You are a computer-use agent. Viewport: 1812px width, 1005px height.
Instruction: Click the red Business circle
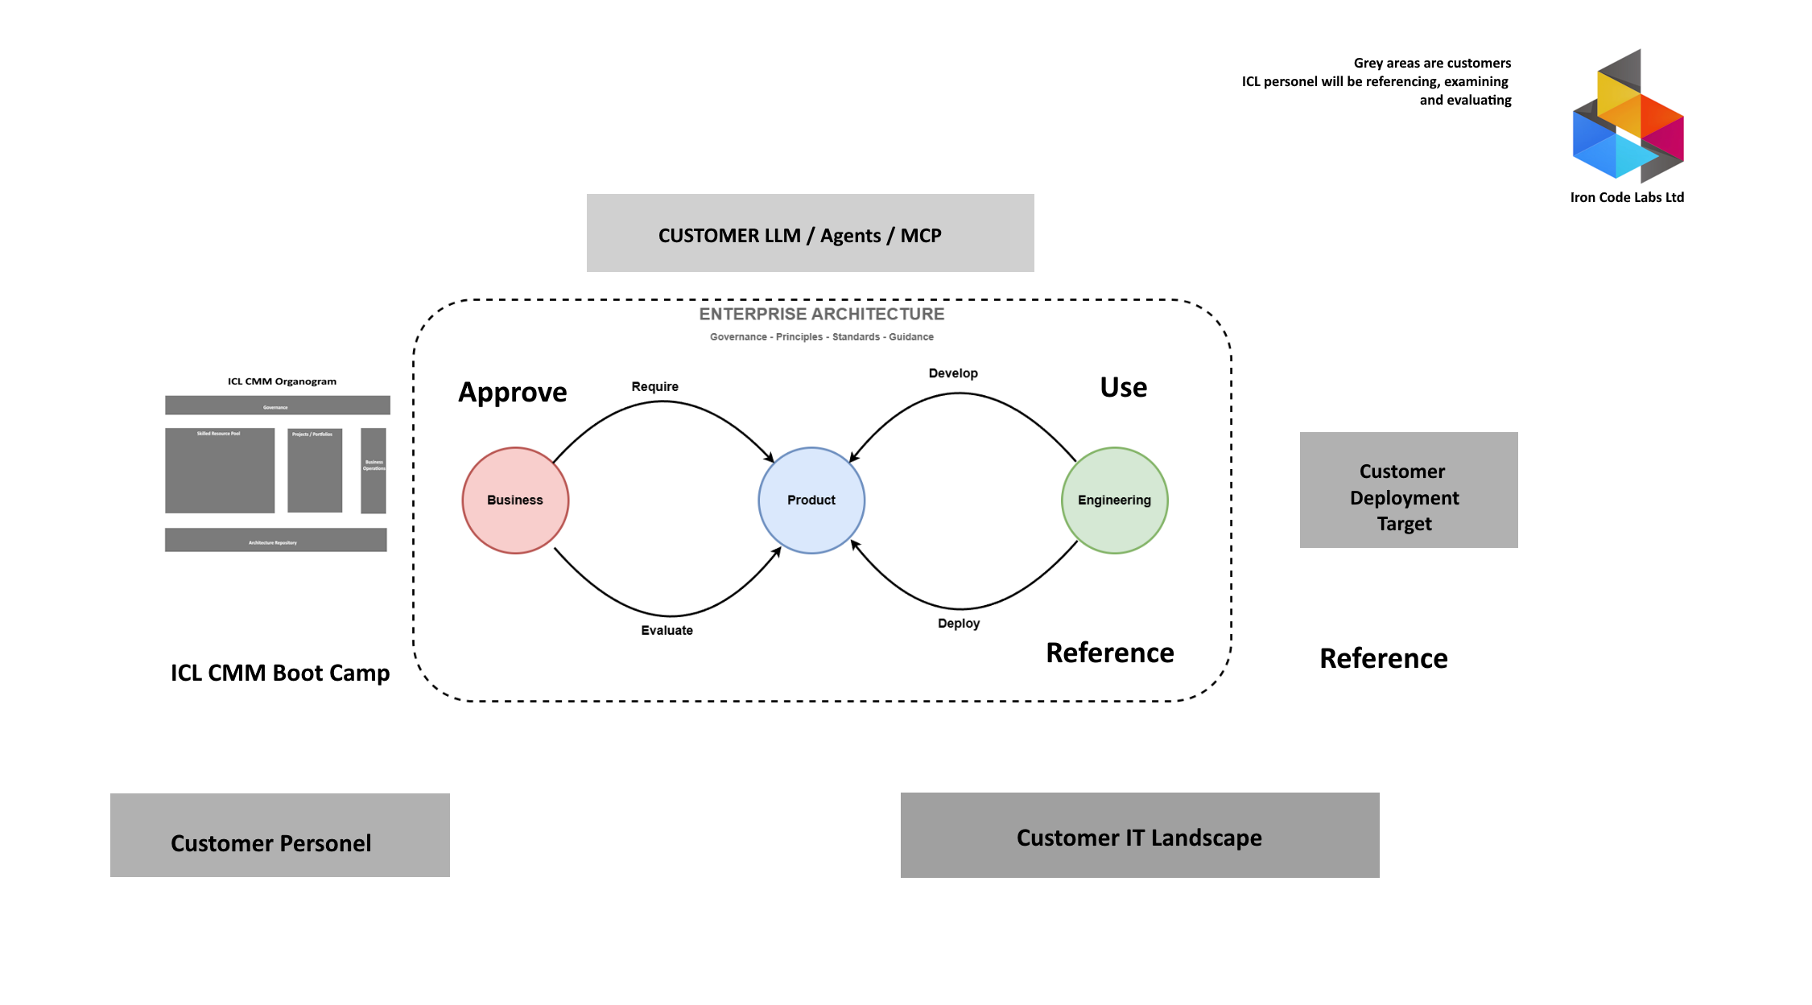point(515,500)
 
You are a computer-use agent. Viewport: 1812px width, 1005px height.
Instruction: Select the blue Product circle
point(811,500)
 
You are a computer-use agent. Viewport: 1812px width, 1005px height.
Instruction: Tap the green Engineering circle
point(1114,500)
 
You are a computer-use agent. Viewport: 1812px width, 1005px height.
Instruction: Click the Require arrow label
point(654,386)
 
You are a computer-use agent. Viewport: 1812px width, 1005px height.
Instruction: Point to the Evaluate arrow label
point(667,630)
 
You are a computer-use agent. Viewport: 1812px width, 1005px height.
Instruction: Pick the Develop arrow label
point(953,373)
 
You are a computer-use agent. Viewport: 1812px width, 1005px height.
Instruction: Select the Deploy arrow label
point(959,624)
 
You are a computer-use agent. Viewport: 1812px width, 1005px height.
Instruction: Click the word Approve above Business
point(513,392)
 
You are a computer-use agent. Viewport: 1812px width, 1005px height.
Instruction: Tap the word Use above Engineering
point(1124,387)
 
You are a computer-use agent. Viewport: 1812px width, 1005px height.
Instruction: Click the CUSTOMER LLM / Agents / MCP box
point(810,233)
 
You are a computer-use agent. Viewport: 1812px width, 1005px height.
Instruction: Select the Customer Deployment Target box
point(1409,490)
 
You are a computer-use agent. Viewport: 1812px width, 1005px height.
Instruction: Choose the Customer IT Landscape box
point(1140,835)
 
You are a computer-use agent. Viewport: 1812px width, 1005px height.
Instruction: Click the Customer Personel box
point(279,835)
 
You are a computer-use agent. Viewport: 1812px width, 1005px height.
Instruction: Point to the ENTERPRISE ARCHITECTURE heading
point(822,314)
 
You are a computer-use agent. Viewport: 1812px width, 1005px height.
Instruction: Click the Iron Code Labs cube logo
point(1628,117)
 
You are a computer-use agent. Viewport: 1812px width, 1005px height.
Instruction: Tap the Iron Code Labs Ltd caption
point(1627,197)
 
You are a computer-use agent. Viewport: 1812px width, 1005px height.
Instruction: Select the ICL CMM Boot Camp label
point(280,673)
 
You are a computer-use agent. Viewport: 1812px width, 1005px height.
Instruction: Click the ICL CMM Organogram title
point(282,381)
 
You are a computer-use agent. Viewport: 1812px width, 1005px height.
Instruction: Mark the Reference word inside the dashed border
point(1110,653)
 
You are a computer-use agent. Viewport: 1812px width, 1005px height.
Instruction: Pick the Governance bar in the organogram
point(278,406)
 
